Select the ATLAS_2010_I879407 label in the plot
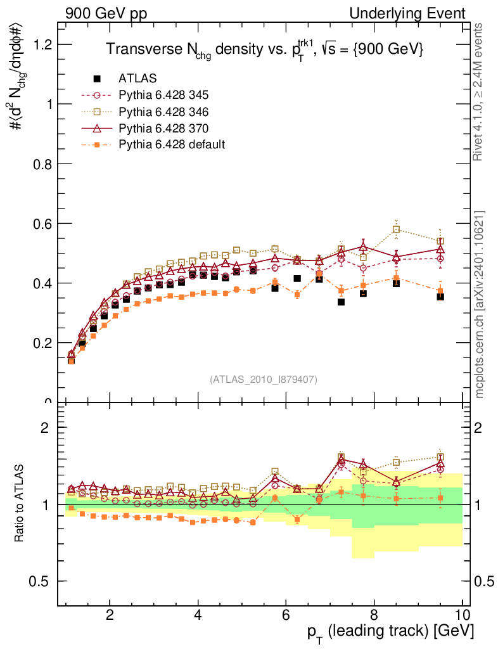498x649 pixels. [264, 380]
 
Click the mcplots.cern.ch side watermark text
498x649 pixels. [480, 304]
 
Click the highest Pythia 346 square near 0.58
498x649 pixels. [396, 229]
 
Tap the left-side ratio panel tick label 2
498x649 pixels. [44, 428]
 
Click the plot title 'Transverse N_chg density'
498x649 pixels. [265, 49]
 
